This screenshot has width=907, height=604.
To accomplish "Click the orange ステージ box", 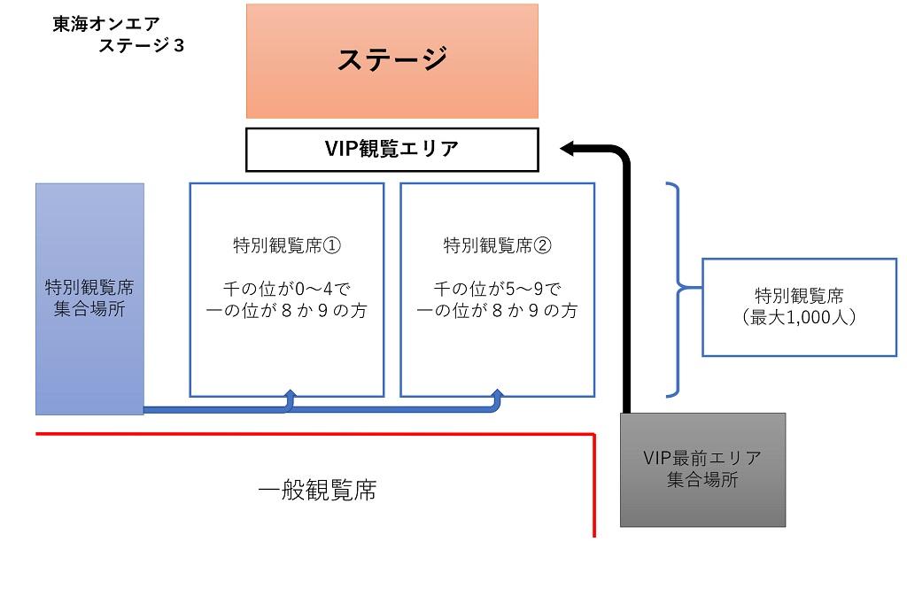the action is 392,61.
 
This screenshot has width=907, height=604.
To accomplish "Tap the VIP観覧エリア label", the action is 391,149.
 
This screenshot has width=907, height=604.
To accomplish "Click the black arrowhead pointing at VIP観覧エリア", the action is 567,149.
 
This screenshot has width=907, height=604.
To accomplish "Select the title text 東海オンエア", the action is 106,24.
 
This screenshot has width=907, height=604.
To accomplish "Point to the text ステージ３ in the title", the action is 141,45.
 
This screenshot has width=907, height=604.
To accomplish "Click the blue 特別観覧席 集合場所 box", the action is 89,299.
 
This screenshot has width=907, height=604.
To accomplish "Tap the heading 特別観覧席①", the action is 287,245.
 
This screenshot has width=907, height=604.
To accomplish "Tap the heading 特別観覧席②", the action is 498,245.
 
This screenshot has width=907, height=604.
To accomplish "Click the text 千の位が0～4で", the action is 287,288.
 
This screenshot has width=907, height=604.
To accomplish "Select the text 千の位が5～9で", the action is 498,288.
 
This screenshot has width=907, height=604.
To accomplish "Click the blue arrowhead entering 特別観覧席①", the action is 290,394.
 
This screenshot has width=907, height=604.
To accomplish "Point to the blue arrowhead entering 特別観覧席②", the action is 497,394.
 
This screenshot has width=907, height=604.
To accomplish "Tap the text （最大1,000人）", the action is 800,317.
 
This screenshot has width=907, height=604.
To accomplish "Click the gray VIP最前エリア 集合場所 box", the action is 702,469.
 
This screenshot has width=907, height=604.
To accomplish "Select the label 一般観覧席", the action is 317,490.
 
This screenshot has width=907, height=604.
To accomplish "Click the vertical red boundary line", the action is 594,485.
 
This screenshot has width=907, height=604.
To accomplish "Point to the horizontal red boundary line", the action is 315,434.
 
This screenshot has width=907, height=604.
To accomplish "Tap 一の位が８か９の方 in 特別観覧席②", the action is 498,311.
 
